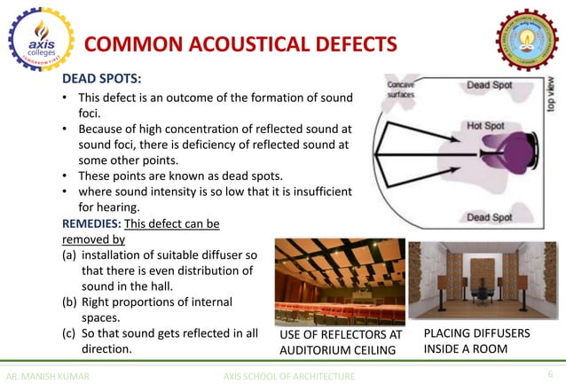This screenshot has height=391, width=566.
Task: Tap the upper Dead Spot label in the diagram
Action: pos(490,85)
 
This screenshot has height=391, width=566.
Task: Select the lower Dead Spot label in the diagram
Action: pos(490,217)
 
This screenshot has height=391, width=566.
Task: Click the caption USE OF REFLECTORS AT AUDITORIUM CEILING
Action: pos(341,342)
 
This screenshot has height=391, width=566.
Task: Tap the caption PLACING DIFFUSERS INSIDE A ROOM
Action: pos(477,341)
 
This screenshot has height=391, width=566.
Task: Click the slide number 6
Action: pos(550,375)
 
